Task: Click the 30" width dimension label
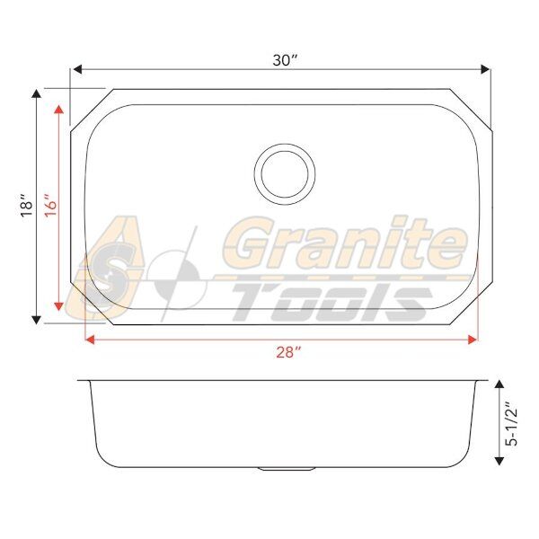285,60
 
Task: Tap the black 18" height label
26,205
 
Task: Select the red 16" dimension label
50,205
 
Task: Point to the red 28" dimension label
288,352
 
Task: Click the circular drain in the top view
285,174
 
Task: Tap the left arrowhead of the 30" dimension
77,69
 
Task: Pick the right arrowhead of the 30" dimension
485,69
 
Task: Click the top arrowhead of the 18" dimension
37,93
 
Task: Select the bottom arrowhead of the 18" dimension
37,320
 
